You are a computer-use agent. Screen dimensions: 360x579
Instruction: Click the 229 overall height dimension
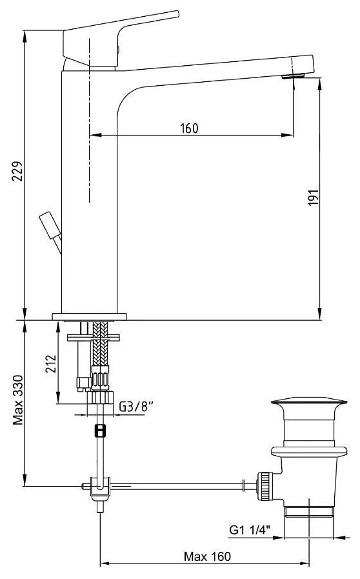(x=17, y=170)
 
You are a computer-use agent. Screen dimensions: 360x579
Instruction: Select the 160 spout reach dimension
(x=189, y=128)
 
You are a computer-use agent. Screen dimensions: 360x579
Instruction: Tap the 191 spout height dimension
(x=313, y=198)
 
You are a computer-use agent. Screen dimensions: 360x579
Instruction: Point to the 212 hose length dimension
(x=51, y=363)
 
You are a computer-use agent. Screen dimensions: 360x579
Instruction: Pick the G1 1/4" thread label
(x=250, y=529)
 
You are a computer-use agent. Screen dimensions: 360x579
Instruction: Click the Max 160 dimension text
(x=207, y=556)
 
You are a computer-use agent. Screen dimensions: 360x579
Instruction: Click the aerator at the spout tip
(x=293, y=76)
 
